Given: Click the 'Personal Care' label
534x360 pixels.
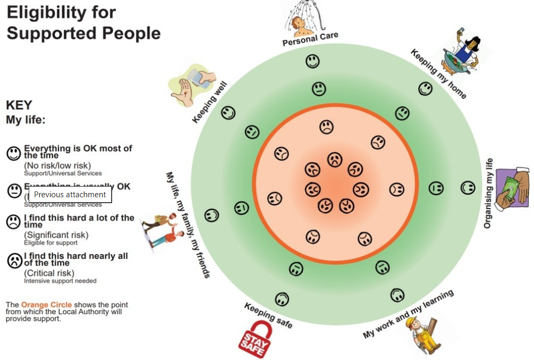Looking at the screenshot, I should coord(310,39).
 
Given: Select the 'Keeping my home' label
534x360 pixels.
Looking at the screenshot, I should coord(438,74).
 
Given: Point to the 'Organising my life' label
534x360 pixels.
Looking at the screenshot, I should coord(488,194).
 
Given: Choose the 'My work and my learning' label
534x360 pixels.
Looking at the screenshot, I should coord(408,314).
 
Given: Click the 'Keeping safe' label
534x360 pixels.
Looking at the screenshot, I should coord(268,315).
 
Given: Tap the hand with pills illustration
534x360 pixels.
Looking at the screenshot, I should coord(192,85).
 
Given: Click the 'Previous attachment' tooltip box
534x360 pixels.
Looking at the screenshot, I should coord(70,195).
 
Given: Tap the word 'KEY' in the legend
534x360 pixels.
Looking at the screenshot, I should coord(19,105).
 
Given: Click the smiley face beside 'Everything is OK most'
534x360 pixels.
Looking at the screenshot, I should coord(13,153).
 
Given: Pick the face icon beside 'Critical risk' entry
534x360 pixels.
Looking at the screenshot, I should coord(13,260).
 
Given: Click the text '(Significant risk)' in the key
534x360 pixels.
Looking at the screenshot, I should coord(56,235).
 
